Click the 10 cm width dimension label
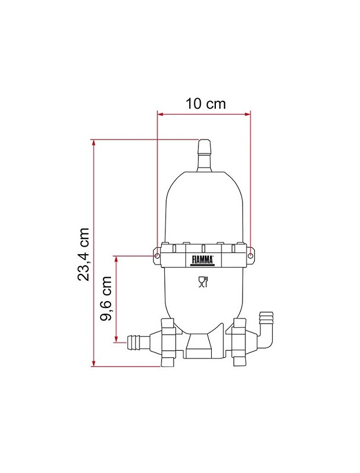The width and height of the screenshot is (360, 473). (x=205, y=104)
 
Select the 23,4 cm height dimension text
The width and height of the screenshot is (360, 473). (x=84, y=254)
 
